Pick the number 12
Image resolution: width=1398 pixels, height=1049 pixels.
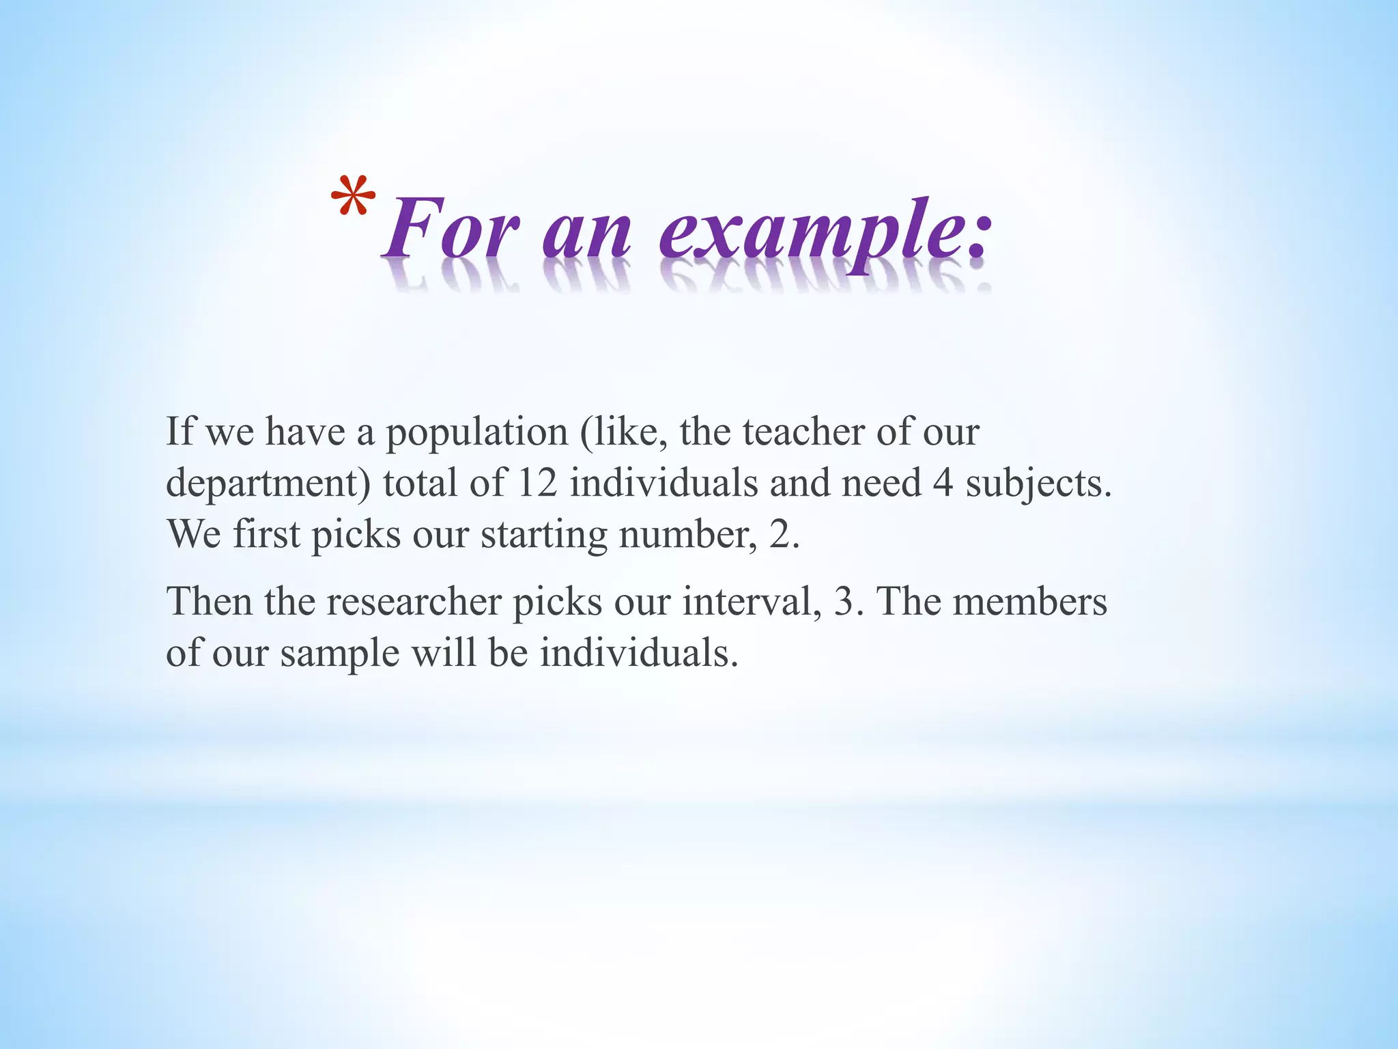point(538,482)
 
